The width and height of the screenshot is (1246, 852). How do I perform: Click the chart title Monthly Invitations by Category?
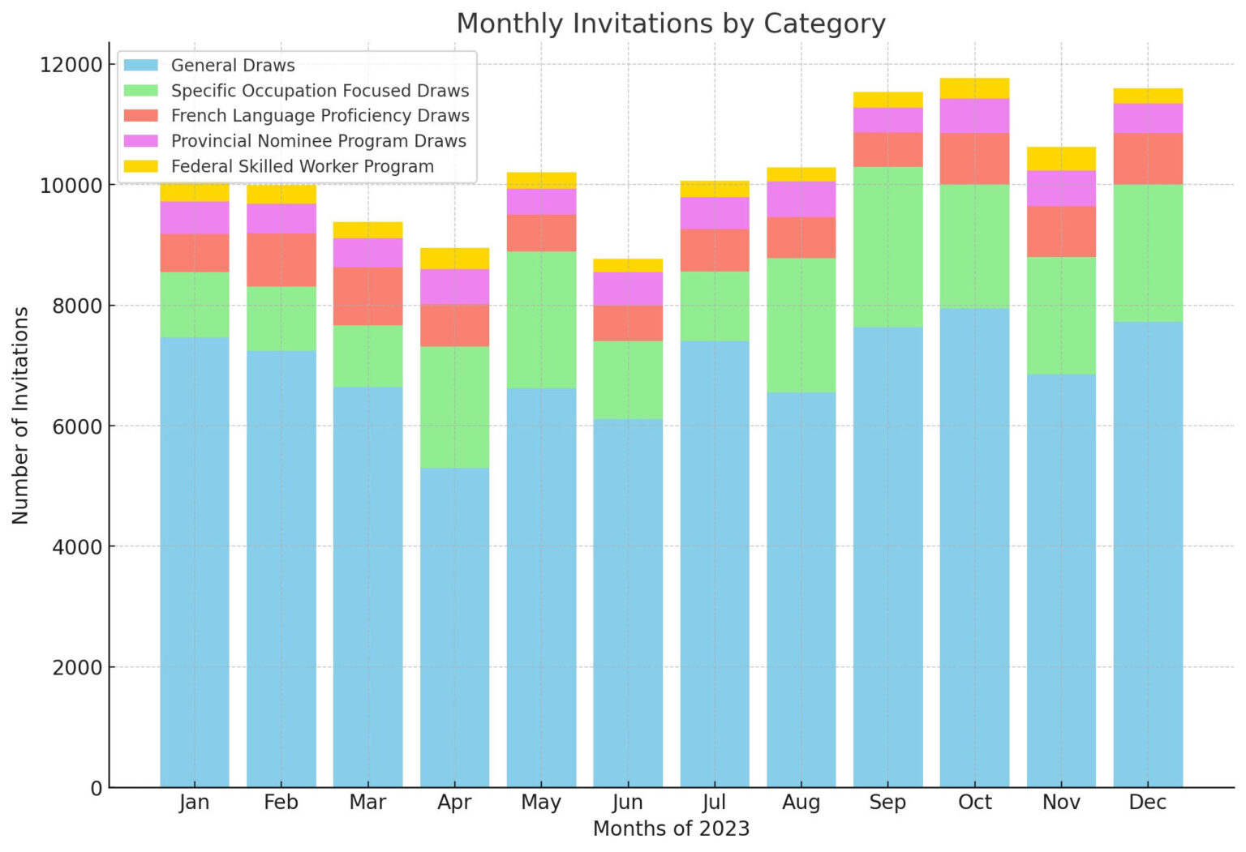pyautogui.click(x=670, y=24)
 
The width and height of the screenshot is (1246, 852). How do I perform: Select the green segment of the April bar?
pyautogui.click(x=454, y=407)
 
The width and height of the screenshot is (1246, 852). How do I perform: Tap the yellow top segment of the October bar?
pyautogui.click(x=974, y=88)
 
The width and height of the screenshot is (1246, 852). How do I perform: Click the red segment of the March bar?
pyautogui.click(x=367, y=296)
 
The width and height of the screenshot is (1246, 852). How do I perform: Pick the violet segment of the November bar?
pyautogui.click(x=1061, y=188)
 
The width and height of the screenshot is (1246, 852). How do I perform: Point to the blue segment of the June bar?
pyautogui.click(x=628, y=603)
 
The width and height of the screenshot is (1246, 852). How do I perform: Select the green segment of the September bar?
pyautogui.click(x=887, y=247)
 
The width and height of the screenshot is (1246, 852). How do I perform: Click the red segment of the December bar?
pyautogui.click(x=1148, y=159)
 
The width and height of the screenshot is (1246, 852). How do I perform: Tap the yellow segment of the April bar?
pyautogui.click(x=454, y=259)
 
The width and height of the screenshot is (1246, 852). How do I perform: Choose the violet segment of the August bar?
pyautogui.click(x=801, y=199)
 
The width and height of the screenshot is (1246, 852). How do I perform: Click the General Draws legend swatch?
pyautogui.click(x=140, y=65)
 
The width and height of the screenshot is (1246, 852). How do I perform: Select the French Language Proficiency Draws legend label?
pyautogui.click(x=320, y=116)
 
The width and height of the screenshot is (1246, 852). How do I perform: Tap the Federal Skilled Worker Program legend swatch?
pyautogui.click(x=140, y=166)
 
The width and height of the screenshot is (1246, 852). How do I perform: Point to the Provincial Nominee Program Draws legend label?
pyautogui.click(x=318, y=141)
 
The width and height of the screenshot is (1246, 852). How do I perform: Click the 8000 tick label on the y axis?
pyautogui.click(x=71, y=306)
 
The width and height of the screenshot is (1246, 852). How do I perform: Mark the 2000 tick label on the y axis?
pyautogui.click(x=71, y=667)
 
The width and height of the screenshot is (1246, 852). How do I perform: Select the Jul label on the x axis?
pyautogui.click(x=714, y=803)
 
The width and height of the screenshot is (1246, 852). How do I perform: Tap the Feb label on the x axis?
pyautogui.click(x=281, y=803)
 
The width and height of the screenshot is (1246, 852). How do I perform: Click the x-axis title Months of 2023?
pyautogui.click(x=671, y=829)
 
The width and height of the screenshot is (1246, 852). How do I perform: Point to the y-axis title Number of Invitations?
pyautogui.click(x=20, y=415)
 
